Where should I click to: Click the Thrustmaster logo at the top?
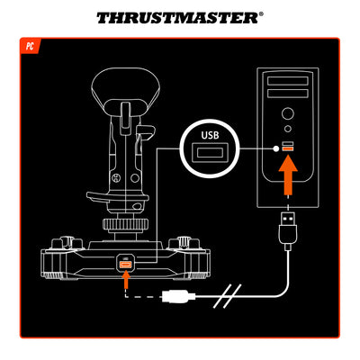pos(180,17)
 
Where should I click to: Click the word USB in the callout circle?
pos(209,135)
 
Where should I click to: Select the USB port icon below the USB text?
pos(209,152)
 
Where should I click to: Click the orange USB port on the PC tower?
pos(287,147)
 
